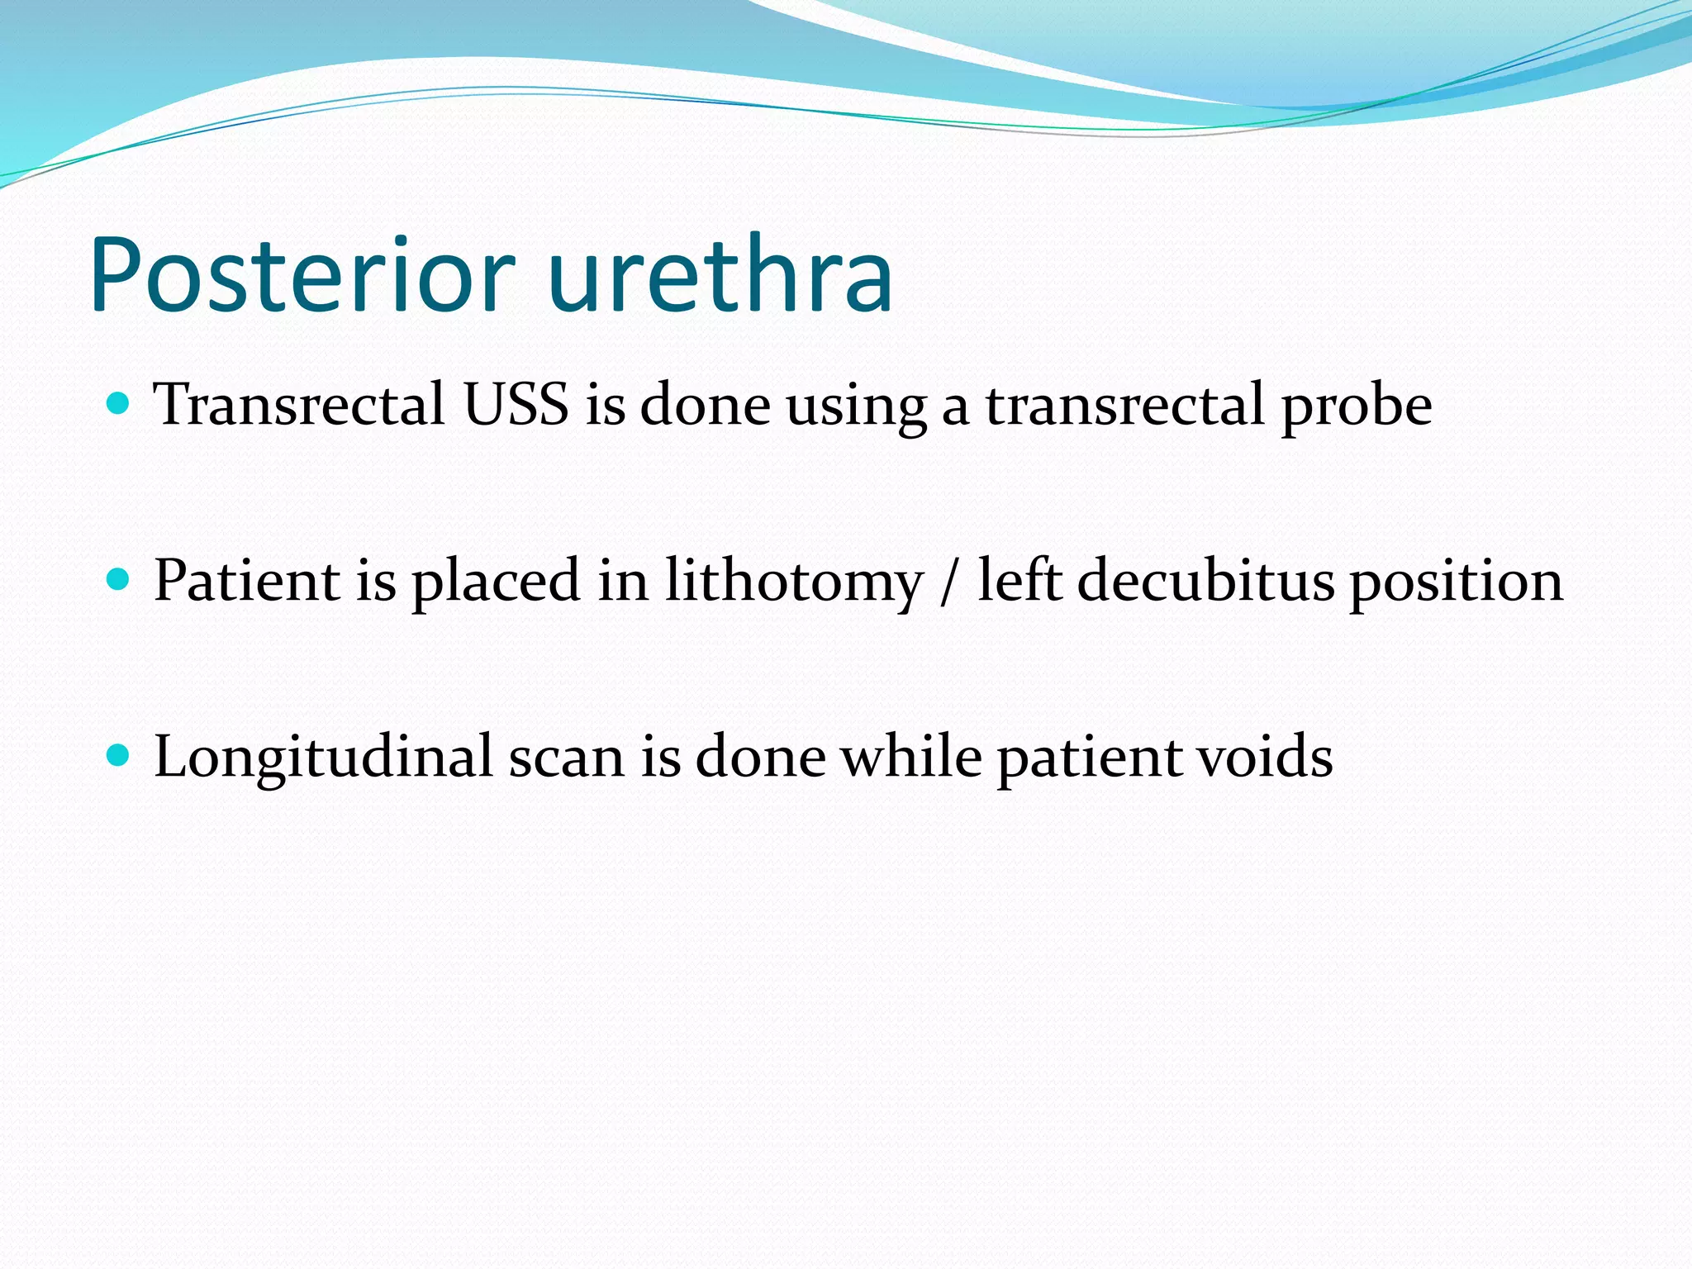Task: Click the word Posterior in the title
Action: (x=302, y=276)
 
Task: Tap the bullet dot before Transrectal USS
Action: (x=119, y=404)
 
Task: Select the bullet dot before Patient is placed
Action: (x=119, y=580)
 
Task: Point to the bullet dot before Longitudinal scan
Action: (x=119, y=755)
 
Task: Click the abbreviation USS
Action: (x=516, y=405)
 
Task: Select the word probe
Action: (x=1356, y=406)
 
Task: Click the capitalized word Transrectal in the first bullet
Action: (x=300, y=405)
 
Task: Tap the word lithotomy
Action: (x=794, y=582)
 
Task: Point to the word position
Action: (x=1457, y=582)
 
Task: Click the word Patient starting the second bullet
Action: (x=246, y=580)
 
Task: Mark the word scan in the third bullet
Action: (x=566, y=758)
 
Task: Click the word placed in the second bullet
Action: (x=497, y=582)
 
